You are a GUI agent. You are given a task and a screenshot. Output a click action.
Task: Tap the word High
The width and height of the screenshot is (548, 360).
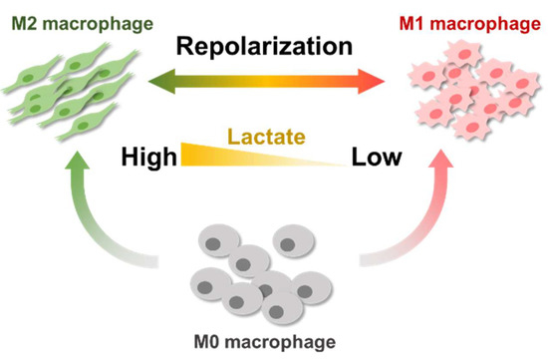(145, 157)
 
